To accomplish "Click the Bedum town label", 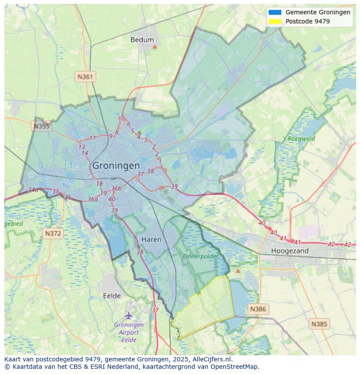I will point(142,40).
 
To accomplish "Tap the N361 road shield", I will point(85,77).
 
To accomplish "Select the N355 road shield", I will point(41,126).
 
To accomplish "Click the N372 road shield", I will point(53,234).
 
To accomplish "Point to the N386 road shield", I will point(258,309).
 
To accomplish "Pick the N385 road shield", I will point(320,324).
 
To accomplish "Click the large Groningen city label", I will point(116,165).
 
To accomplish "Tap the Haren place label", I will point(151,239).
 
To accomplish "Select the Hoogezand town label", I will point(290,251).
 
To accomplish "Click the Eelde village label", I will point(112,296).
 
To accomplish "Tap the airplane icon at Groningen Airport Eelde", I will point(129,315).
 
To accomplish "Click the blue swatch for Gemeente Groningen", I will point(275,13).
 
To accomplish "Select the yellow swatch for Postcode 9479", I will point(275,21).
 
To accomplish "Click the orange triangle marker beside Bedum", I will point(154,46).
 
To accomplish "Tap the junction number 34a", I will point(33,190).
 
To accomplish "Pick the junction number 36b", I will point(116,189).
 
